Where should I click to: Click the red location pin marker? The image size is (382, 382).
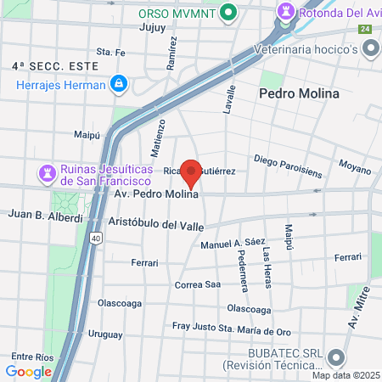[192, 172]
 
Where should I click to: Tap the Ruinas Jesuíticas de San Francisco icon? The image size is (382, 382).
[46, 172]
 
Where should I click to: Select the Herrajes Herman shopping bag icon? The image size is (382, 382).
[119, 84]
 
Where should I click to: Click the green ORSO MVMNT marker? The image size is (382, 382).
[228, 13]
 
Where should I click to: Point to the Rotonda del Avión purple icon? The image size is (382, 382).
[284, 13]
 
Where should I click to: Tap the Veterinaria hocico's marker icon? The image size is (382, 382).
[371, 49]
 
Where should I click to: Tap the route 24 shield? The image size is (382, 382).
[365, 29]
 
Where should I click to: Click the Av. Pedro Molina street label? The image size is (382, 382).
[157, 194]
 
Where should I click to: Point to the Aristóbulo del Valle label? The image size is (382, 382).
[156, 223]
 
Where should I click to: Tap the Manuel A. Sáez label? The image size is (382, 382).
[228, 244]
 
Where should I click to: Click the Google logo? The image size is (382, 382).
[28, 371]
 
